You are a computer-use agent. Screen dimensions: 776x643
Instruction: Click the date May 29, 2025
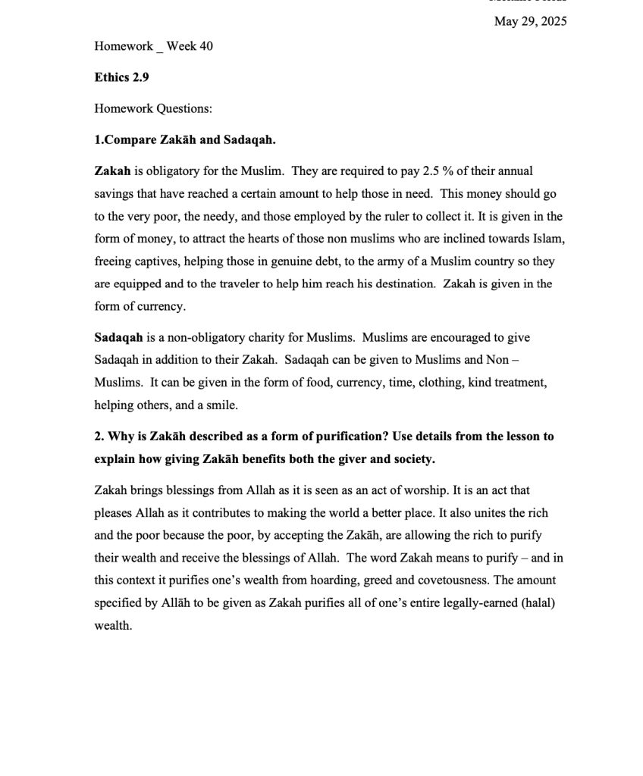click(x=530, y=21)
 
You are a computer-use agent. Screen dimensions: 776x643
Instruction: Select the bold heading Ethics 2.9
click(x=121, y=77)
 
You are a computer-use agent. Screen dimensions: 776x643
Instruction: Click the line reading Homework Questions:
click(x=153, y=108)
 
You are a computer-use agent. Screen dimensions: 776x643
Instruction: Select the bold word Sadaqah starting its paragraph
click(x=118, y=337)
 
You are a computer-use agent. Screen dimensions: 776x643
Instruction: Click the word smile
click(x=221, y=405)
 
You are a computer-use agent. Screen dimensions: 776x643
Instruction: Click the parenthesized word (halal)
click(x=538, y=603)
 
